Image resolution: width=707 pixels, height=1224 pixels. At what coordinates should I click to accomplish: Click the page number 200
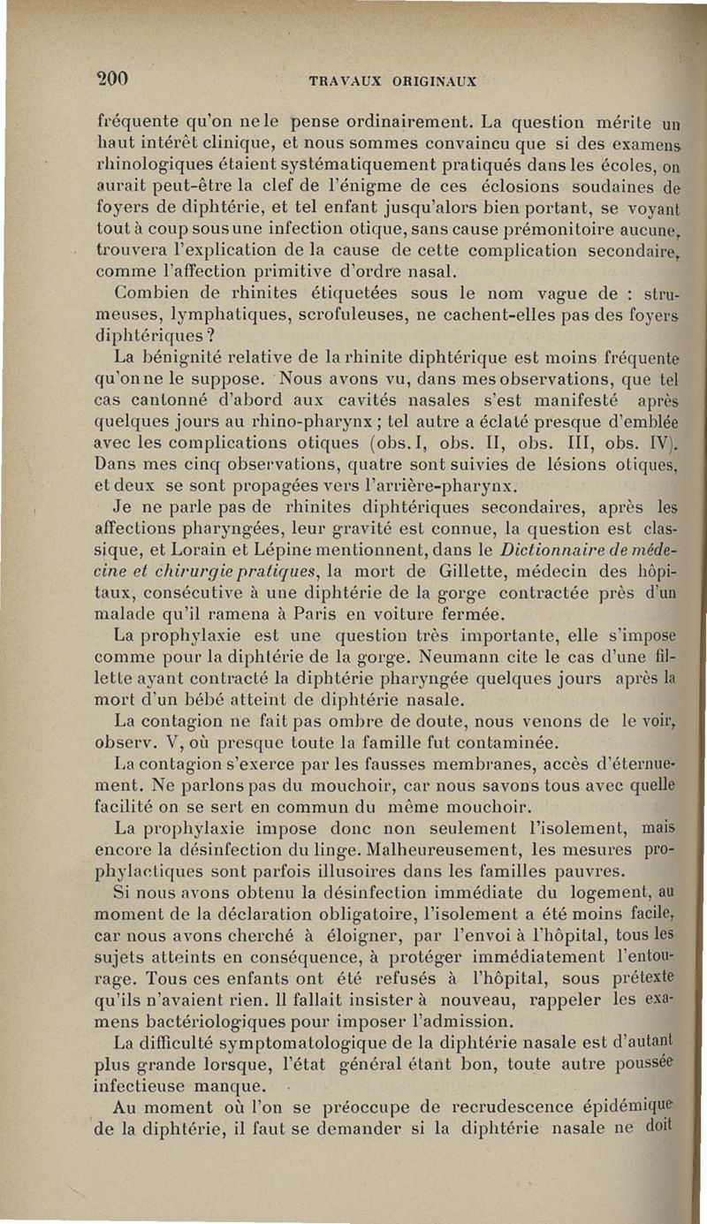click(x=112, y=77)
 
